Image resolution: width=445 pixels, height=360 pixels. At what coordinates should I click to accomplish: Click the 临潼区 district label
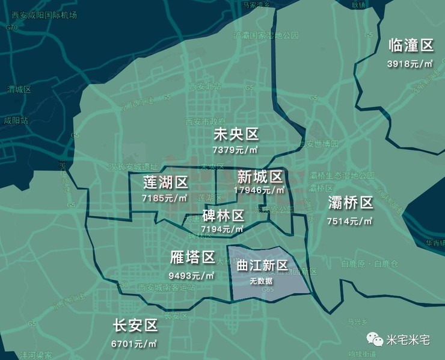coord(411,46)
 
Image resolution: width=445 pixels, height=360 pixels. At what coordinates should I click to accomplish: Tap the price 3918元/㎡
coord(411,63)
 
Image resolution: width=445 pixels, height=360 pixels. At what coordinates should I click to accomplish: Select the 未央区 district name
coord(236,134)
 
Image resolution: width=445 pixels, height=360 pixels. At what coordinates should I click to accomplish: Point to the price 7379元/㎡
coord(235,149)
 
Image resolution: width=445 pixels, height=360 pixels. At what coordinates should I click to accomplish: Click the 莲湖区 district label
coord(165,182)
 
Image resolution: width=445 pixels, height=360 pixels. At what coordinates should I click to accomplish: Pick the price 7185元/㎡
coord(164,197)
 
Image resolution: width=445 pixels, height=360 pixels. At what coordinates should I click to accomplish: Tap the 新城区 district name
coord(260,176)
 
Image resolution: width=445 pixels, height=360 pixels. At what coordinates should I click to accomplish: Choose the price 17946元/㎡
coord(259,190)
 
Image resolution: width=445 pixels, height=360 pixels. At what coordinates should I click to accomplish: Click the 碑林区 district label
coord(223,216)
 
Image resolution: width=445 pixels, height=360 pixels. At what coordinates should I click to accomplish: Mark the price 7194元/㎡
coord(222,229)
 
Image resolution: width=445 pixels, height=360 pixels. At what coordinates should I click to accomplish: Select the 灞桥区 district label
coord(351,203)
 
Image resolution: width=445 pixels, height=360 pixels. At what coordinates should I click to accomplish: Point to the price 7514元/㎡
coord(350,221)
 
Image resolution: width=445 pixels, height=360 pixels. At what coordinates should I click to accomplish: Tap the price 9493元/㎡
coord(192,276)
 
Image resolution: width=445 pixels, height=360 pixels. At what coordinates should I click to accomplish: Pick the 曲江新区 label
coord(263,265)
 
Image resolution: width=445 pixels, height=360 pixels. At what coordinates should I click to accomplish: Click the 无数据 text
coord(262,281)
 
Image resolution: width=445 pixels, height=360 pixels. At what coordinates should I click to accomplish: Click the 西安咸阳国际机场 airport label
coord(44,14)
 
